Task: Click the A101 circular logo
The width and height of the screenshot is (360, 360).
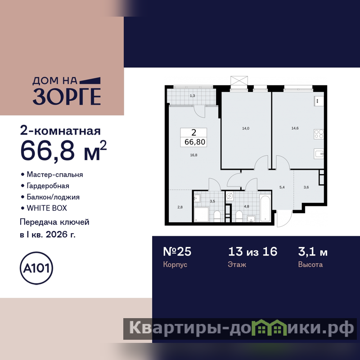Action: (x=36, y=268)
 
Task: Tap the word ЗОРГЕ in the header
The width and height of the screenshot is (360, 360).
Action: (x=67, y=96)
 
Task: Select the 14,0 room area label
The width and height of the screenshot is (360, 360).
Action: (x=245, y=128)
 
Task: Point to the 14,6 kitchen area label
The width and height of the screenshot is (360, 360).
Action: (x=295, y=128)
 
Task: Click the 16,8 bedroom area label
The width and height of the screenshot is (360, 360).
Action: (x=193, y=155)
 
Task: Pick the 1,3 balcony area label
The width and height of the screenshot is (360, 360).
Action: (x=193, y=96)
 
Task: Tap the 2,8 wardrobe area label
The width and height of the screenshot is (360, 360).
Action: (x=180, y=207)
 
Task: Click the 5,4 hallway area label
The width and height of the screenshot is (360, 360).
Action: (x=282, y=187)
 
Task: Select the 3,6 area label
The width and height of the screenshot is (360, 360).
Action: (x=306, y=187)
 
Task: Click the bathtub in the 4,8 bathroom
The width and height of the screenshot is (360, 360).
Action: (x=265, y=208)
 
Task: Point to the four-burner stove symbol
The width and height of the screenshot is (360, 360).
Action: (x=319, y=134)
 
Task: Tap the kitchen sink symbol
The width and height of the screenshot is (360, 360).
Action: (x=319, y=153)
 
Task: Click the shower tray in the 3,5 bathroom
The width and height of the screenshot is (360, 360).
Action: (x=201, y=215)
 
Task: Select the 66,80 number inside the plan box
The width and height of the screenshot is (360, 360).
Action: (x=195, y=142)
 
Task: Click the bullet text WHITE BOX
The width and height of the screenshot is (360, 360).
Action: (x=47, y=208)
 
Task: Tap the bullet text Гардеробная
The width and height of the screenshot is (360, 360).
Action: (x=48, y=185)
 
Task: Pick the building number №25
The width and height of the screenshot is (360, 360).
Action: (x=177, y=252)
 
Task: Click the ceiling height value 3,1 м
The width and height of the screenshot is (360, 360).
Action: (x=313, y=252)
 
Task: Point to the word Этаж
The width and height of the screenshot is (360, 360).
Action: (x=237, y=265)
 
